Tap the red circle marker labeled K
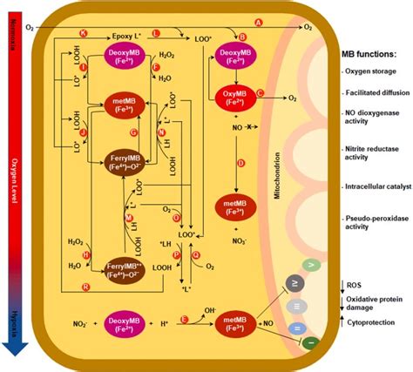(83, 32)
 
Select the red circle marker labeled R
(85, 286)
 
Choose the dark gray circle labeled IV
(299, 285)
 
